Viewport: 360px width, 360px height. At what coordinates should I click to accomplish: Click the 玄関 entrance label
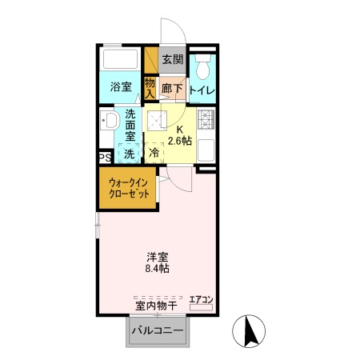(171, 59)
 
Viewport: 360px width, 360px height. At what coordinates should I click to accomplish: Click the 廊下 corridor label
(171, 90)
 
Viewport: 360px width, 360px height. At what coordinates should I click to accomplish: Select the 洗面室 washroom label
(130, 126)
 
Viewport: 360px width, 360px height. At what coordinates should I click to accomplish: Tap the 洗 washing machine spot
(129, 153)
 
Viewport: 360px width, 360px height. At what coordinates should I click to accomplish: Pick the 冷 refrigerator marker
(154, 152)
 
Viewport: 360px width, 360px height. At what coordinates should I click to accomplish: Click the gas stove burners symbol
(206, 121)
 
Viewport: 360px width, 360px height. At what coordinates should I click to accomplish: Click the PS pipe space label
(104, 158)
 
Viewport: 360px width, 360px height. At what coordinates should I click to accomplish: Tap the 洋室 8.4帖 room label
(157, 262)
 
